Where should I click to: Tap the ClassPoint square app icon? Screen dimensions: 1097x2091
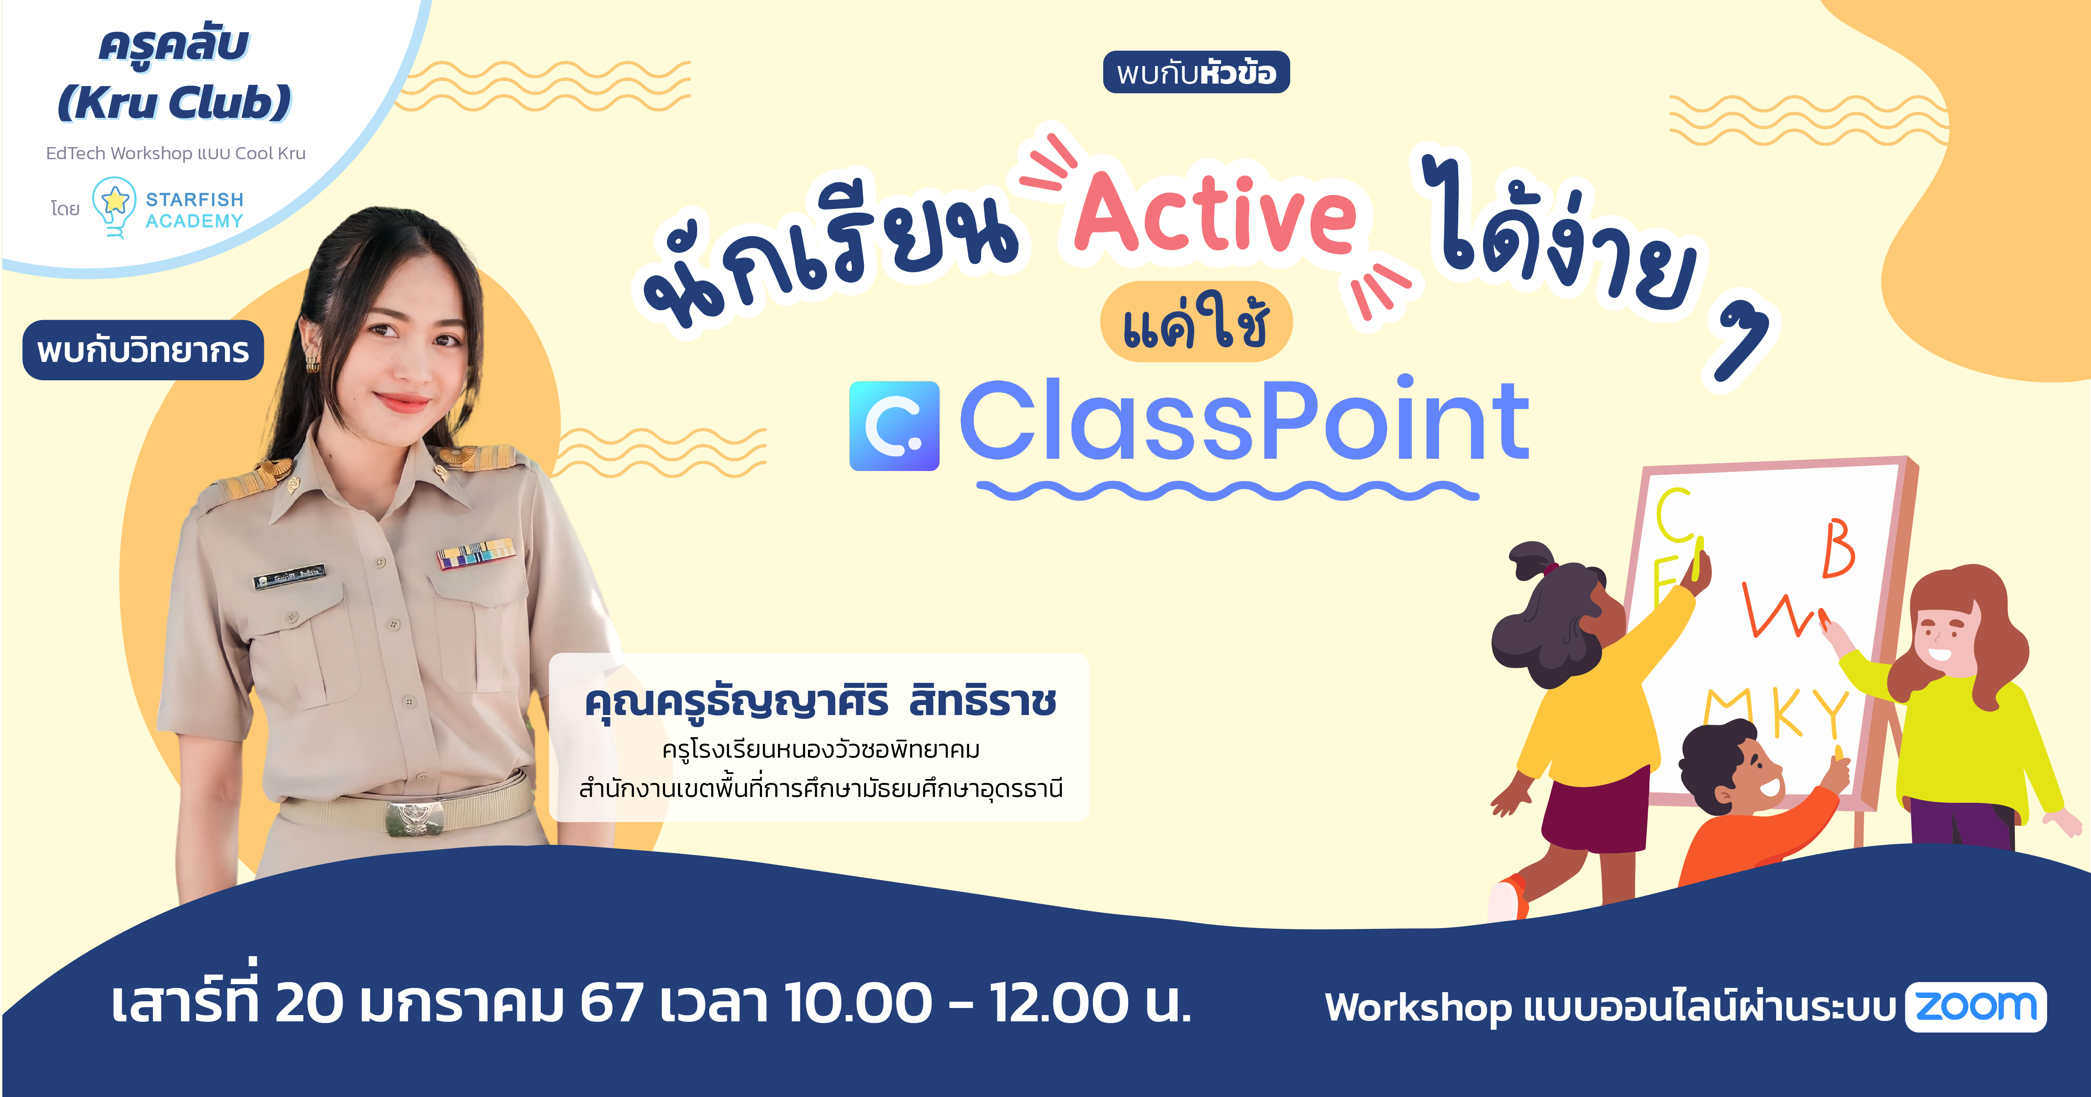[x=894, y=426]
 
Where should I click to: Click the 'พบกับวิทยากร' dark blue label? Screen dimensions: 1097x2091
[x=143, y=351]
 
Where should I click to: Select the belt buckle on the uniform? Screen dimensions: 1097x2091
[x=415, y=818]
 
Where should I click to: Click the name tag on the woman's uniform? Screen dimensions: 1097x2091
[x=290, y=576]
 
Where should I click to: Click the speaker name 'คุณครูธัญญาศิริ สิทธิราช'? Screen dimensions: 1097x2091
[x=820, y=701]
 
